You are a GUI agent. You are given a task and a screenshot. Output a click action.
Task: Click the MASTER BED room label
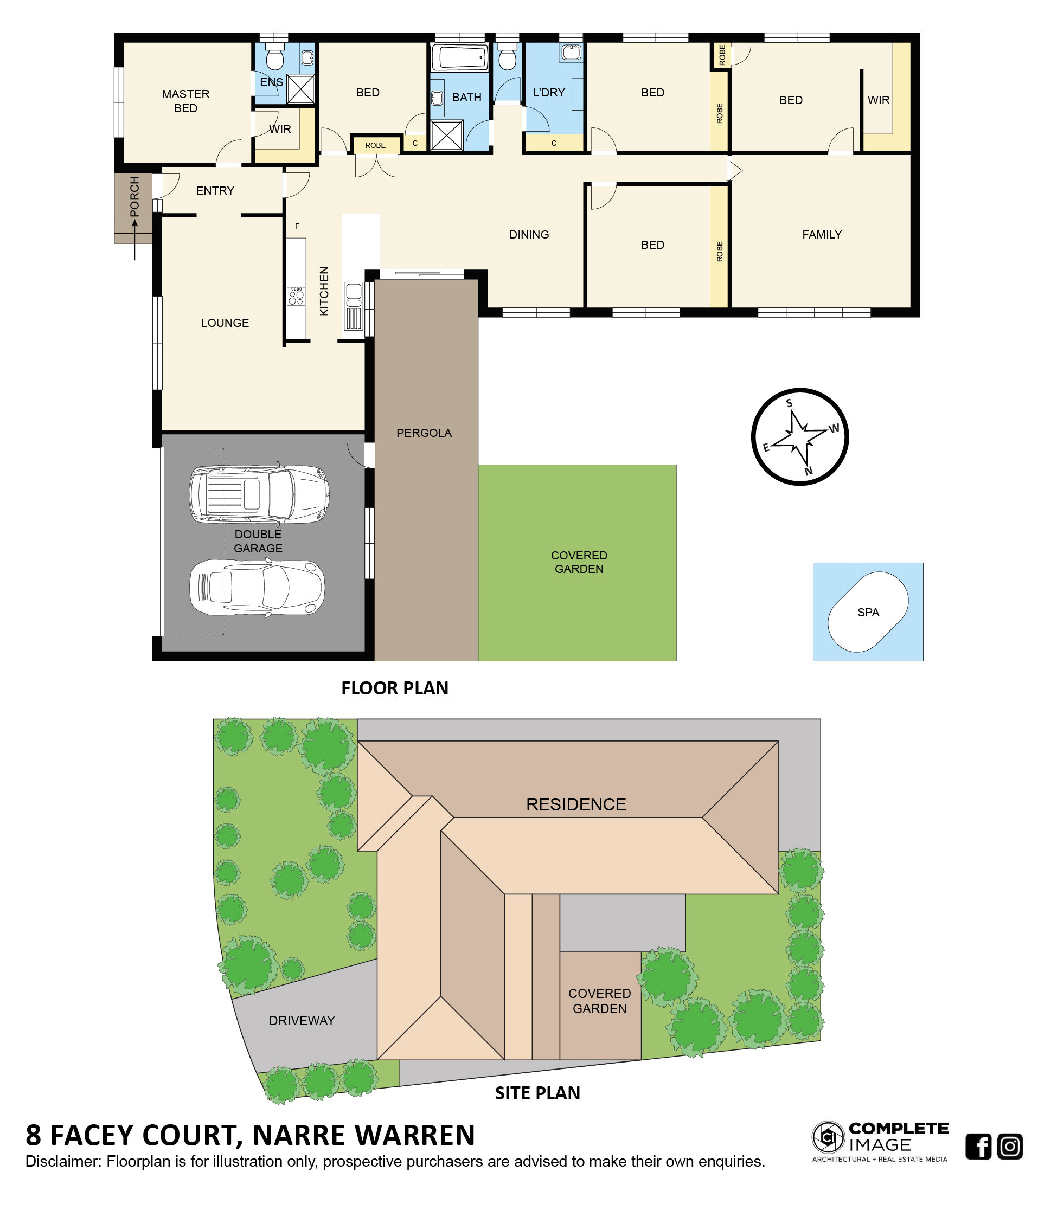(x=185, y=101)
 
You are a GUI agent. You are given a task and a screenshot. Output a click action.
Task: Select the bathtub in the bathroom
(x=460, y=57)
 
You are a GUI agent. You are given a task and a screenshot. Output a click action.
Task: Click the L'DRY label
(x=549, y=93)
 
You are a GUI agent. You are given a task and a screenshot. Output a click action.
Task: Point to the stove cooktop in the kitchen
(x=296, y=296)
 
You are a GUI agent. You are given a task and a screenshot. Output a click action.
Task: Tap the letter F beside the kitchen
(x=297, y=226)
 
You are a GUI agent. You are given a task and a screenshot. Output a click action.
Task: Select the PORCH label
(x=134, y=196)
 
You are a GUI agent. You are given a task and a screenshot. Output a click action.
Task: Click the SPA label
(x=868, y=612)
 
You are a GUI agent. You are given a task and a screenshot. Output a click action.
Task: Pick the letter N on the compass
(x=808, y=471)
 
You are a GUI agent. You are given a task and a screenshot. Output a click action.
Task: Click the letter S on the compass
(x=789, y=403)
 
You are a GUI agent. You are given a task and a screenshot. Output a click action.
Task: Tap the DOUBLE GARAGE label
(x=258, y=541)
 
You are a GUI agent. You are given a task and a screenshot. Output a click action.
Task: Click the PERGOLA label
(x=424, y=433)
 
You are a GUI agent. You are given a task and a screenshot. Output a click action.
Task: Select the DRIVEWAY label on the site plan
(x=302, y=1020)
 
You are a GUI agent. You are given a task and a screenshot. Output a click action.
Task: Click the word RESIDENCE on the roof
(x=576, y=804)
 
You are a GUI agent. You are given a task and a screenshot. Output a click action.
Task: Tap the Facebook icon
(x=978, y=1146)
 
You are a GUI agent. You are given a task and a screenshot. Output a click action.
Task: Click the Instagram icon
(x=1010, y=1146)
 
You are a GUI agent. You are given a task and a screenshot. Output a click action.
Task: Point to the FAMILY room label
(x=822, y=234)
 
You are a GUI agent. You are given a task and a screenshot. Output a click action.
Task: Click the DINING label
(x=529, y=234)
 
